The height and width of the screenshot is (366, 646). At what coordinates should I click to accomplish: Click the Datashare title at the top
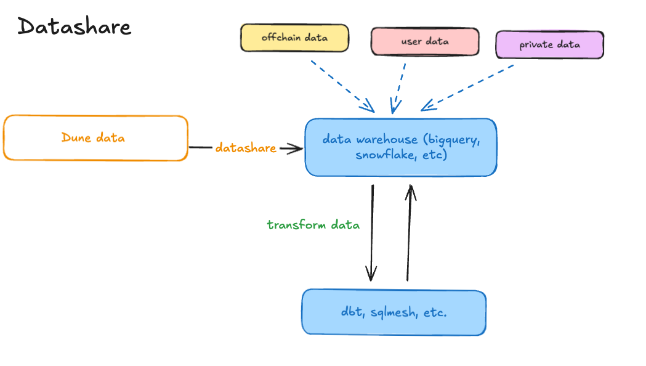click(74, 27)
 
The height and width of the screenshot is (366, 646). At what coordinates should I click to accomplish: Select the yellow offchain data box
click(294, 38)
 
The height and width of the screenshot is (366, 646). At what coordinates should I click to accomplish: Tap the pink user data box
click(424, 42)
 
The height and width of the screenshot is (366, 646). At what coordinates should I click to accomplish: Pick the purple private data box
click(549, 45)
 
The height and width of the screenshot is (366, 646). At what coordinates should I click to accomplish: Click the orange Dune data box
click(95, 138)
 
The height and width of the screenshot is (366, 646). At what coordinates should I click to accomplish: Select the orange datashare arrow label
click(245, 148)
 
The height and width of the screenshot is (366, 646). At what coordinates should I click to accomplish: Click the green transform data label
click(313, 225)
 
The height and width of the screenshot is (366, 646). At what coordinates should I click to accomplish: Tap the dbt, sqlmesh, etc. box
click(394, 312)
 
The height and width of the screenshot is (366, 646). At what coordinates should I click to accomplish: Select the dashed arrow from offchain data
click(342, 86)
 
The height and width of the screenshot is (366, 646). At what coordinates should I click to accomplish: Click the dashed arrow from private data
click(468, 87)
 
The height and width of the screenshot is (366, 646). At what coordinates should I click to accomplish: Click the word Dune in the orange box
click(75, 137)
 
